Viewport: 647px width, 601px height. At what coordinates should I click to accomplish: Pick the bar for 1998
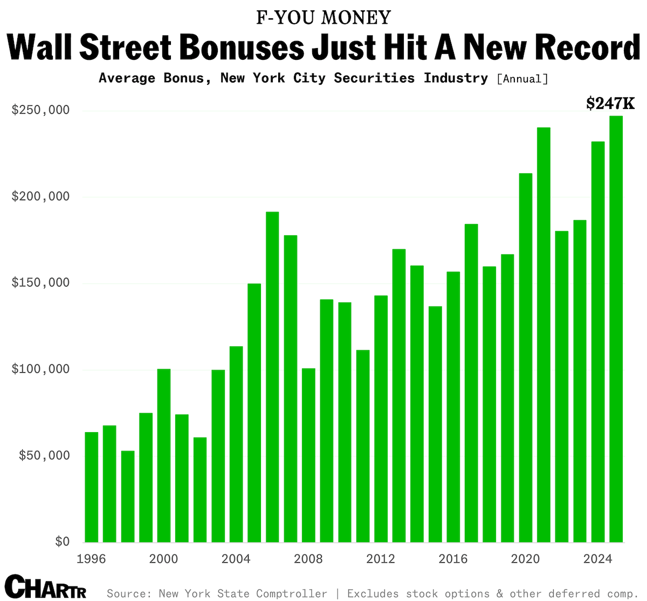tap(128, 496)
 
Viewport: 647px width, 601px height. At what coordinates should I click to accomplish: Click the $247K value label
tap(610, 103)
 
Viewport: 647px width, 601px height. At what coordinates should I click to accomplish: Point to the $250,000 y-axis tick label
tap(40, 111)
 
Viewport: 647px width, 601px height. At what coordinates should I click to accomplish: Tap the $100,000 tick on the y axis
tap(40, 370)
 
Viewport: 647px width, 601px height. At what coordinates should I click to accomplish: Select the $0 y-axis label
tap(62, 542)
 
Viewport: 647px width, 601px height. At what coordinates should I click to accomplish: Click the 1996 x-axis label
tap(91, 559)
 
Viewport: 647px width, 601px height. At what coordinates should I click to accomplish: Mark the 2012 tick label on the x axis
tap(381, 559)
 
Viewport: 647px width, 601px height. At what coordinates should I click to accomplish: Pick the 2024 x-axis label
tap(598, 559)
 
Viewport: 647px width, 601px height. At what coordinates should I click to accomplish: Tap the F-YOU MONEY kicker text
tap(323, 18)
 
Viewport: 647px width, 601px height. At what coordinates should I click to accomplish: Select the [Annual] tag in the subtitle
tap(522, 79)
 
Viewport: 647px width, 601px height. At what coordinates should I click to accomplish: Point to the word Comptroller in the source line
tap(291, 593)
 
